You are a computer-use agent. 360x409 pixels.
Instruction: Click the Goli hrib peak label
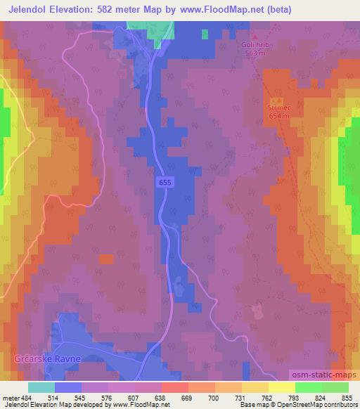point(255,45)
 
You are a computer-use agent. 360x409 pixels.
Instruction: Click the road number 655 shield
point(164,181)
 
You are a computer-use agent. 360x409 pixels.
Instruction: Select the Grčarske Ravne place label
point(49,359)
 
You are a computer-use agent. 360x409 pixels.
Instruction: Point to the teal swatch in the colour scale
point(41,387)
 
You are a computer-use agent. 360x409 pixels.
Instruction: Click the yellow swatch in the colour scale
point(281,387)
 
